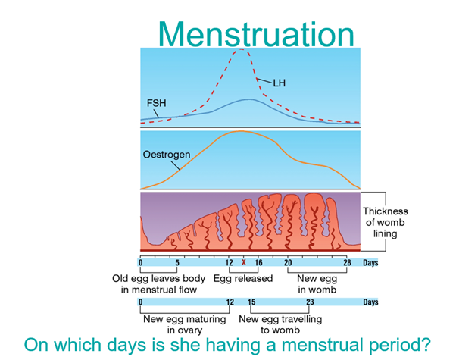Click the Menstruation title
[x=256, y=34]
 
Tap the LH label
[x=280, y=83]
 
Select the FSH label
[x=157, y=103]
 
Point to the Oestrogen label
[x=167, y=155]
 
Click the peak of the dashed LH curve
[x=241, y=49]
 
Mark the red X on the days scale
[x=244, y=262]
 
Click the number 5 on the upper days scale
[x=177, y=262]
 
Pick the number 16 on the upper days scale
[x=258, y=262]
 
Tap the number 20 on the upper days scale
[x=288, y=262]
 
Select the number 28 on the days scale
[x=347, y=262]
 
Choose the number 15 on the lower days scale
[x=251, y=302]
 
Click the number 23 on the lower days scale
[x=310, y=302]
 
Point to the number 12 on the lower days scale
[x=230, y=302]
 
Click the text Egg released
[x=243, y=278]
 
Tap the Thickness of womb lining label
[x=386, y=222]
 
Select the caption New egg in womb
[x=317, y=284]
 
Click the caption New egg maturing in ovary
[x=185, y=324]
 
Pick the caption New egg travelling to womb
[x=280, y=324]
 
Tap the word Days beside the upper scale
[x=370, y=262]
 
